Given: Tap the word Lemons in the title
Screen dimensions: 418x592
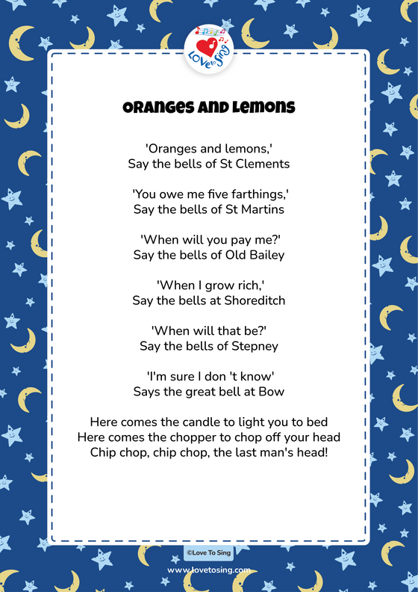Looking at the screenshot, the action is [x=262, y=108].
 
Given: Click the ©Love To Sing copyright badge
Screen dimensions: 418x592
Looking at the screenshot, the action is [x=209, y=553].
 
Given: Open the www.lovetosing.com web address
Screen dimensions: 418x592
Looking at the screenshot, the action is [x=209, y=570].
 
